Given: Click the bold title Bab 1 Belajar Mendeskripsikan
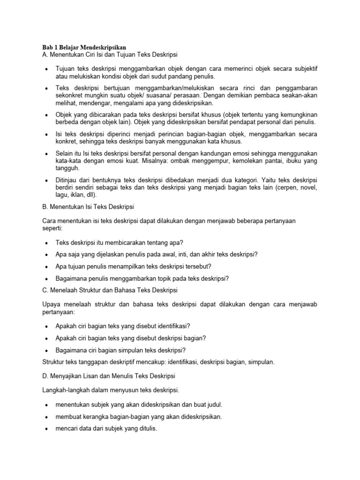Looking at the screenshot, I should pyautogui.click(x=84, y=47).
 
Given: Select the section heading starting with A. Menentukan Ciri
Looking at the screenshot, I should pyautogui.click(x=110, y=55).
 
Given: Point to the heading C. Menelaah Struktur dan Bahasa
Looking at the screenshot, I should pyautogui.click(x=110, y=290).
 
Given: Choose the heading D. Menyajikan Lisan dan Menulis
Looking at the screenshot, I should pyautogui.click(x=109, y=376).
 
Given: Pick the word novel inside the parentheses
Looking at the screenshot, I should pyautogui.click(x=308, y=187).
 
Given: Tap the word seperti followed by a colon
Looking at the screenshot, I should pyautogui.click(x=52, y=228).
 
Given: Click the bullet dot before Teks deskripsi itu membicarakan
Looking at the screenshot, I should pyautogui.click(x=46, y=243).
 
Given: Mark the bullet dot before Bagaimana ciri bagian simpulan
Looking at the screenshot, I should pyautogui.click(x=46, y=351).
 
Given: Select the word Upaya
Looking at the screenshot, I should pyautogui.click(x=52, y=305).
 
